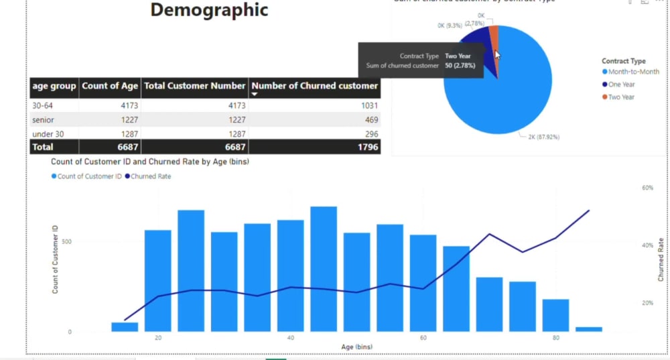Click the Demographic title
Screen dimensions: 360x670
(x=209, y=10)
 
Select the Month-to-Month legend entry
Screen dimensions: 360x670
(x=633, y=72)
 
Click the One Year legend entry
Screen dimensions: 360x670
(x=621, y=84)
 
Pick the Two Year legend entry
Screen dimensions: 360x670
(x=621, y=97)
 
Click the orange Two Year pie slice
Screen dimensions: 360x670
(x=494, y=37)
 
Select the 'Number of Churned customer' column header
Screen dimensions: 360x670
(x=314, y=86)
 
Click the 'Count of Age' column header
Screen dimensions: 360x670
(x=110, y=86)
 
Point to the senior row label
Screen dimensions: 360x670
(x=43, y=119)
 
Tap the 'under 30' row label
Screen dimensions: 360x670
(x=48, y=133)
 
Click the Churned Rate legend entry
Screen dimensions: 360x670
(x=151, y=176)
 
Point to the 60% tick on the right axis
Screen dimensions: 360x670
(x=648, y=188)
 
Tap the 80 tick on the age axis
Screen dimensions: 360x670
(x=557, y=338)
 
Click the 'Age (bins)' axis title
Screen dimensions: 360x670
(x=356, y=347)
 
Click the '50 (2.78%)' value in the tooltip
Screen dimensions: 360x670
(x=460, y=66)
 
